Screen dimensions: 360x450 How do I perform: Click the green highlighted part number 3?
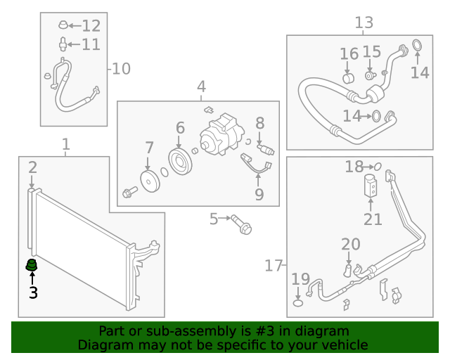[31, 265]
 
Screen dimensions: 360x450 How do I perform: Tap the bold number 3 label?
[32, 292]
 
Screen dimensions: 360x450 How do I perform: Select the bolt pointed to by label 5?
[243, 226]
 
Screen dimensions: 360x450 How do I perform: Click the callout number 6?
[180, 128]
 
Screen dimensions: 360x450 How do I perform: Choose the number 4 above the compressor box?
[201, 87]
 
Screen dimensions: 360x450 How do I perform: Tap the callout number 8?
[259, 124]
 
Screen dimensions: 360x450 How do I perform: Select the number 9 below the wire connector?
[259, 194]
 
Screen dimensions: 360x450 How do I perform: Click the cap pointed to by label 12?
[63, 27]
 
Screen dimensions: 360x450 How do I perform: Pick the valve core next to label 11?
[64, 45]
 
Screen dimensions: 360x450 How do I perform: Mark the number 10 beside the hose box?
[122, 69]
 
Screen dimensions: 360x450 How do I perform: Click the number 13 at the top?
[364, 24]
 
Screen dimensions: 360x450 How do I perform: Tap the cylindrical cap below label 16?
[348, 76]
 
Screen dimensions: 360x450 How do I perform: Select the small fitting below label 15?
[370, 75]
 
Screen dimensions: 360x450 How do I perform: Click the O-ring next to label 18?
[378, 167]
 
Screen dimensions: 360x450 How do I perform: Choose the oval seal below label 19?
[298, 303]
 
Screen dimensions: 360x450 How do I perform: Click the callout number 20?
[351, 245]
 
